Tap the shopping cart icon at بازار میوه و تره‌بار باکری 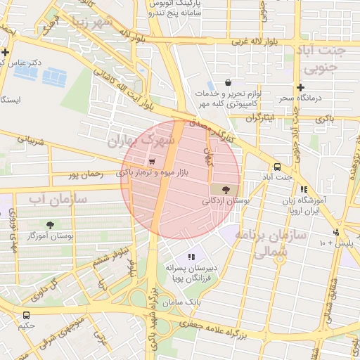153,161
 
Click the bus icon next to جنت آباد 277,167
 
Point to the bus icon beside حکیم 27,315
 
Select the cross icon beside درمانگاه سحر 300,88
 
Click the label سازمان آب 58,200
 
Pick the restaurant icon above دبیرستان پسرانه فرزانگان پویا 191,257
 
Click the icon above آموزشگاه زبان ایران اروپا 304,189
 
